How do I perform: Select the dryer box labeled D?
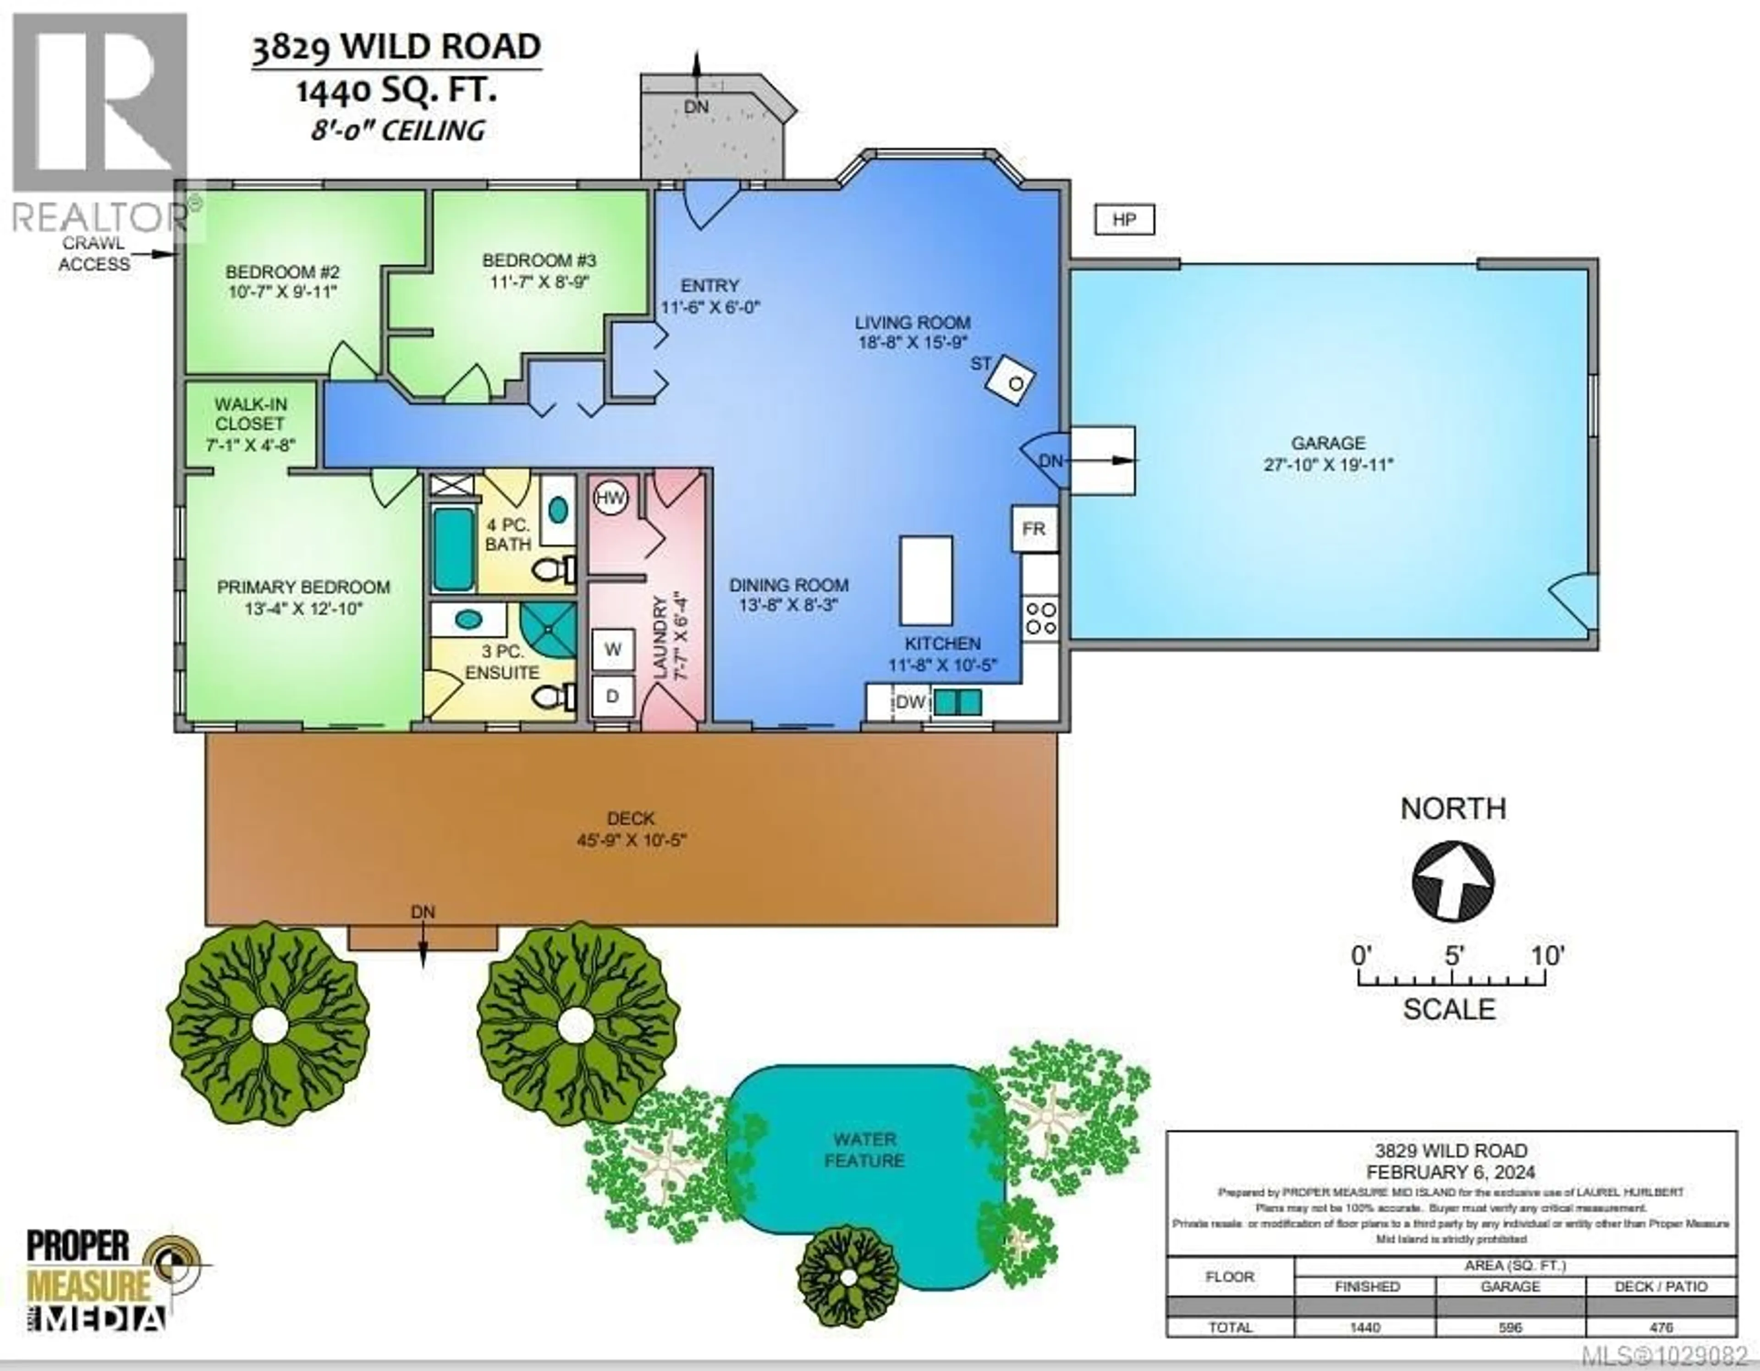[612, 696]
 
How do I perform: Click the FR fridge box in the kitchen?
[1034, 529]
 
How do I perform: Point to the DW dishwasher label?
[911, 702]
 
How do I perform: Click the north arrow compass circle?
[1453, 881]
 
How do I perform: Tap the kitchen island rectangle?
[926, 580]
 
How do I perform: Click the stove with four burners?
[1040, 618]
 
